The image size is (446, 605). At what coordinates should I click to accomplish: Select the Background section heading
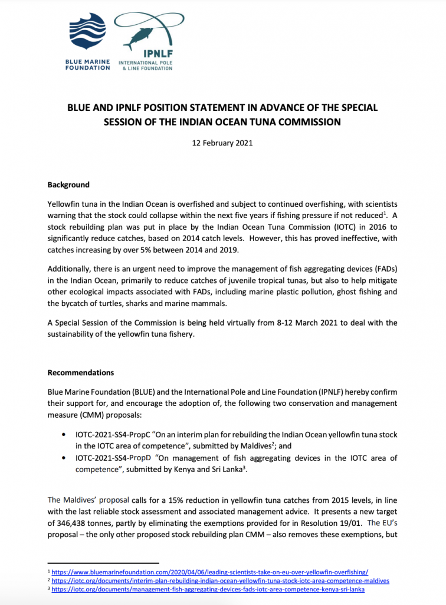(x=68, y=185)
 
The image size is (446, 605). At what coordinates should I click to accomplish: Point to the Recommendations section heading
(x=80, y=373)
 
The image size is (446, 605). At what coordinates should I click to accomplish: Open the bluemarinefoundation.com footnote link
(x=210, y=572)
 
